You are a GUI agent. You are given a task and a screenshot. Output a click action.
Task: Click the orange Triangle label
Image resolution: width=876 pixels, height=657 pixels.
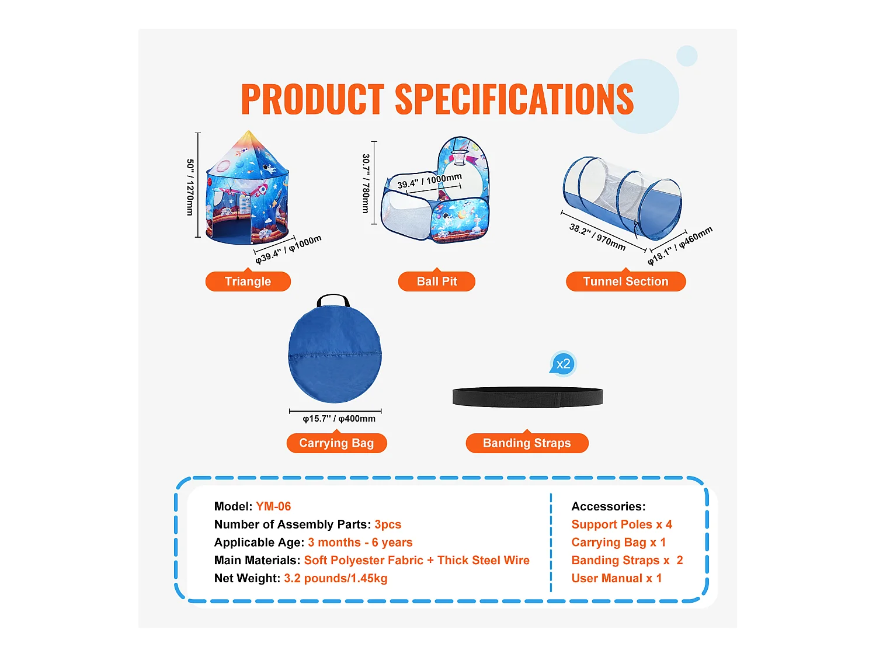pos(248,281)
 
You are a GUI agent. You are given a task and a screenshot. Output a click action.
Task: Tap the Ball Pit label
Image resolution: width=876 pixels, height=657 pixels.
pos(437,281)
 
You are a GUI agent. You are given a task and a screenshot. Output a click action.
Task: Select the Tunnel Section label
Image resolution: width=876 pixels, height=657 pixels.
pos(625,281)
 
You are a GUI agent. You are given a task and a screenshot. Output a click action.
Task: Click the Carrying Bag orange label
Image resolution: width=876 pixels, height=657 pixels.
pos(336,443)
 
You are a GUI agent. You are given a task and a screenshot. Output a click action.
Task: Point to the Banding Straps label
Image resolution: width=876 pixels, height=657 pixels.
pos(527,443)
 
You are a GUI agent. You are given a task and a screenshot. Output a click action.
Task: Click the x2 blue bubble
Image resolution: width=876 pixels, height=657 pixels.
pos(563,364)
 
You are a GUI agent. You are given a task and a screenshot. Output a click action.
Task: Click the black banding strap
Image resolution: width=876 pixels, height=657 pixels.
pos(527,397)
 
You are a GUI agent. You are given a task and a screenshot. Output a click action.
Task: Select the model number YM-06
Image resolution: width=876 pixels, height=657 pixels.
pos(273,506)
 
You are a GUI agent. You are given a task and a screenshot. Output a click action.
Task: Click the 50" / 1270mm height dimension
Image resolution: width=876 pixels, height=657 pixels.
pos(190,187)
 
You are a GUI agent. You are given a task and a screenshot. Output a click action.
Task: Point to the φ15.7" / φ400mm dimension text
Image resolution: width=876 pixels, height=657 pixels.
pos(339,419)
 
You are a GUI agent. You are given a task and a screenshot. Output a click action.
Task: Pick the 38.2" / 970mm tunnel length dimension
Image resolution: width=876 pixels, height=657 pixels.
pos(597,237)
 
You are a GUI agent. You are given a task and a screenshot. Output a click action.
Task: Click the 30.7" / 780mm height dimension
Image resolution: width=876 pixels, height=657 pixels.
pos(366,183)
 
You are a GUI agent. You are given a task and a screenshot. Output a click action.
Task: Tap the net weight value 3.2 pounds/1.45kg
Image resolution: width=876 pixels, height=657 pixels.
pos(335,578)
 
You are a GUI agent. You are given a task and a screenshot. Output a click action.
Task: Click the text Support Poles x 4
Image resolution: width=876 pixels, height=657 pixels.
pos(621,524)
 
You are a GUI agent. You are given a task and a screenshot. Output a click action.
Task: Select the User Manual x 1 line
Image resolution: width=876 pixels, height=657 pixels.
pos(616,578)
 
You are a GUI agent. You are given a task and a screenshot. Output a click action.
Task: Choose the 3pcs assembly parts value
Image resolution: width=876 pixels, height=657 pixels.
pos(388,524)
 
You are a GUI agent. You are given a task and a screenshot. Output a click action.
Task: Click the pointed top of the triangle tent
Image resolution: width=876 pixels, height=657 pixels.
pos(249,133)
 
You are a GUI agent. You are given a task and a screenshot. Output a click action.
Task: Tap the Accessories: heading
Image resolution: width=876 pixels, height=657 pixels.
pos(608,506)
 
